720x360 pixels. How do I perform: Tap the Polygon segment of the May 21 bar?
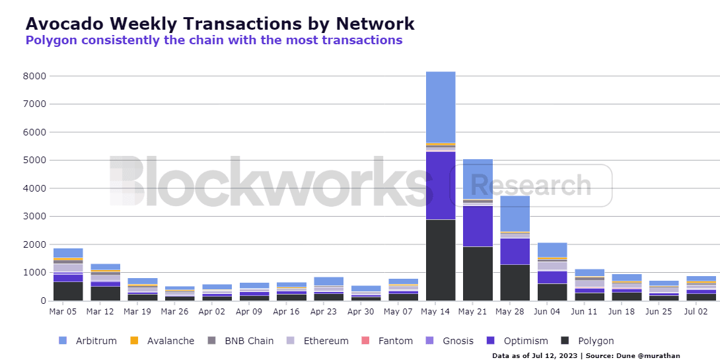pyautogui.click(x=478, y=273)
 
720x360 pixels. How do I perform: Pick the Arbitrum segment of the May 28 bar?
pyautogui.click(x=515, y=213)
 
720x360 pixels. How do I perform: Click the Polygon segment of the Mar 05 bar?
pyautogui.click(x=68, y=291)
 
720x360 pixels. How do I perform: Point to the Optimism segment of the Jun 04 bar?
pyautogui.click(x=552, y=277)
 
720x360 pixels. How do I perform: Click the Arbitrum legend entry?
pyautogui.click(x=88, y=341)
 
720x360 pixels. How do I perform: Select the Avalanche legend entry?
pyautogui.click(x=163, y=341)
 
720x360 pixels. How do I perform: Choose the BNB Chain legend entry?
pyautogui.click(x=240, y=341)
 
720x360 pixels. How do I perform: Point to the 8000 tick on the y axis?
pyautogui.click(x=35, y=76)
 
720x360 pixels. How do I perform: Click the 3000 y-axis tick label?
pyautogui.click(x=35, y=216)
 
